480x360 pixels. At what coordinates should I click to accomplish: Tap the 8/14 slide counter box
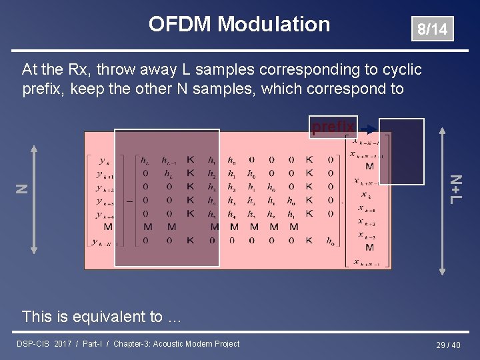pos(432,29)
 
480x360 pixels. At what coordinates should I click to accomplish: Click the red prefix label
pos(333,126)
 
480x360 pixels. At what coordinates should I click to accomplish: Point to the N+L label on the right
pos(455,189)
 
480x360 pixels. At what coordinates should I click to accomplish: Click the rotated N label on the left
pos(21,189)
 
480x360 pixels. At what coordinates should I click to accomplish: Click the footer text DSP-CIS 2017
pos(44,344)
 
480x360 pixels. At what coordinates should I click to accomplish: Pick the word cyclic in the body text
pos(403,69)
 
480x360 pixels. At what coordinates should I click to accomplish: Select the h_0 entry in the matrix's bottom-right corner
pos(331,241)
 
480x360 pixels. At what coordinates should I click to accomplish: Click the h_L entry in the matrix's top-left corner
pos(145,160)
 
